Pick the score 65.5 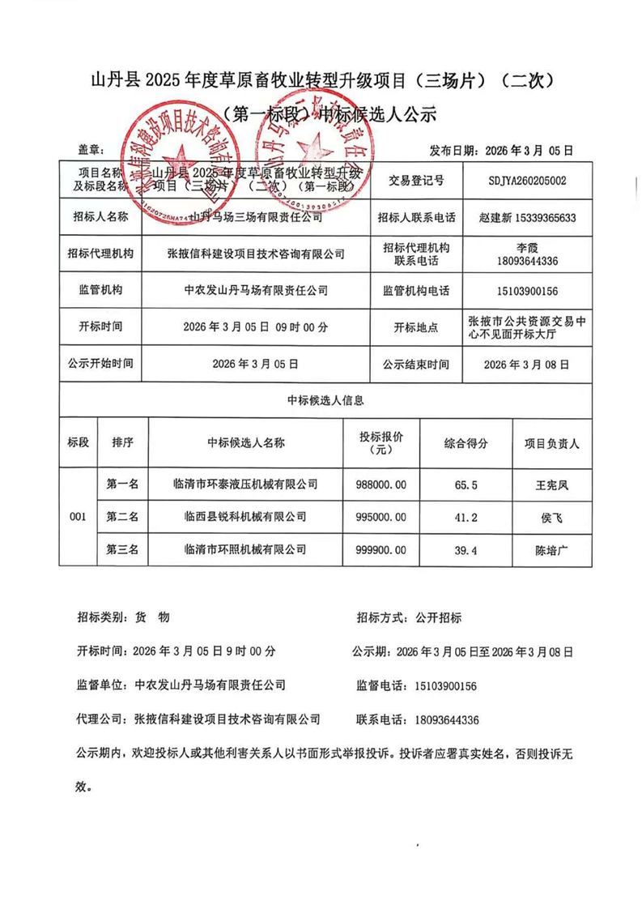pos(466,484)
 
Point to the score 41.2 pos(466,517)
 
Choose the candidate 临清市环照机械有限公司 pos(245,550)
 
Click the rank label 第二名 pos(123,517)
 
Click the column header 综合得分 pos(466,443)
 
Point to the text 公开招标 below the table pos(437,617)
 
